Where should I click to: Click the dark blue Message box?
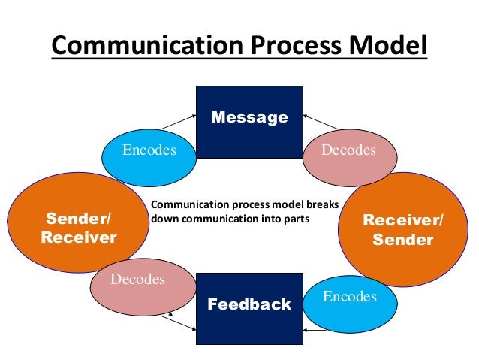click(x=249, y=121)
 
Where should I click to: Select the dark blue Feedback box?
click(x=249, y=308)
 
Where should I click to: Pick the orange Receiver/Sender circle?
click(x=403, y=230)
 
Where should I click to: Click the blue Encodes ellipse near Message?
click(x=149, y=150)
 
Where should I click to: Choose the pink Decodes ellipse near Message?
click(x=348, y=150)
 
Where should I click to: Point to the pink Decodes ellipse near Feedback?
click(x=137, y=280)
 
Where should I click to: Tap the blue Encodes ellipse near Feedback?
click(x=349, y=298)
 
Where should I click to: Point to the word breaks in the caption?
click(x=322, y=204)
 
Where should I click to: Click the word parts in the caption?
click(x=295, y=219)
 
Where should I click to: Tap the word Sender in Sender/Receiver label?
click(x=75, y=219)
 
